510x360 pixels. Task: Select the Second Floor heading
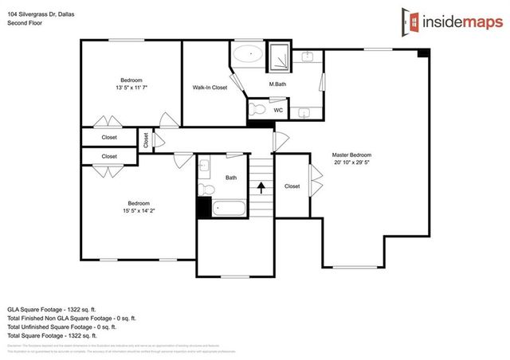pyautogui.click(x=24, y=23)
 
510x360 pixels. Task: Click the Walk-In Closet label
pyautogui.click(x=210, y=88)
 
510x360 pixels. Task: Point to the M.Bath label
pyautogui.click(x=277, y=84)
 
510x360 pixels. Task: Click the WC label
pyautogui.click(x=278, y=110)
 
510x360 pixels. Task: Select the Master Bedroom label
pyautogui.click(x=351, y=155)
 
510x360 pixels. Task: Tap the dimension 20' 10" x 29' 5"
pyautogui.click(x=351, y=162)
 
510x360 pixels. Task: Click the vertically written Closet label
pyautogui.click(x=146, y=140)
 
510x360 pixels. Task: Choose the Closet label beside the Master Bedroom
pyautogui.click(x=292, y=186)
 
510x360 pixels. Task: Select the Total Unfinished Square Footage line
pyautogui.click(x=62, y=326)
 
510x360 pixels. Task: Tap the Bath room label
pyautogui.click(x=231, y=178)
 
